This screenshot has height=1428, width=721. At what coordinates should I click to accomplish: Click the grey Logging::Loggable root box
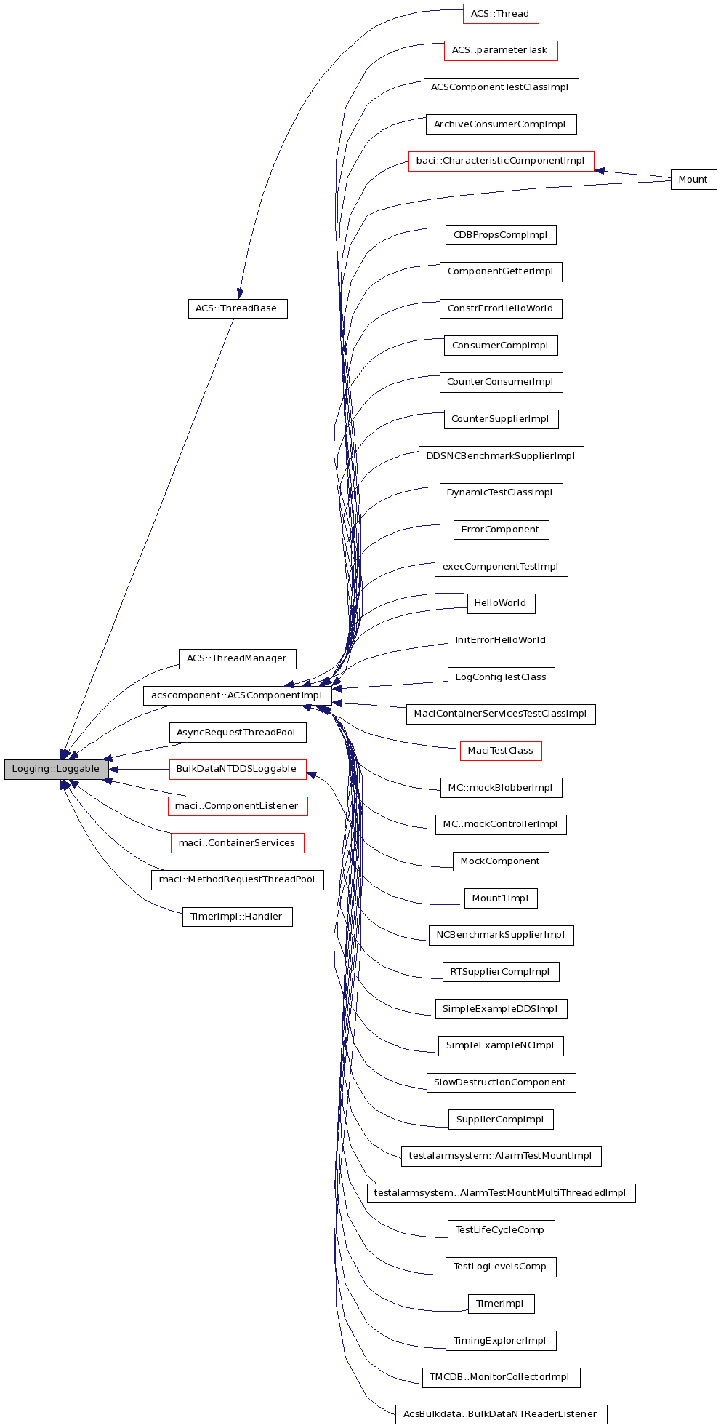click(x=56, y=769)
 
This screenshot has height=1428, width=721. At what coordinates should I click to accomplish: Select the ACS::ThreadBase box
click(x=237, y=308)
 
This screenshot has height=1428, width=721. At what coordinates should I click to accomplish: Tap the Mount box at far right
click(x=693, y=180)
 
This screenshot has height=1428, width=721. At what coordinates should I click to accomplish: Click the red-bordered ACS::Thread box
click(x=500, y=14)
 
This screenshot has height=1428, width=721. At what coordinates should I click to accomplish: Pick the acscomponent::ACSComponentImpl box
click(x=237, y=695)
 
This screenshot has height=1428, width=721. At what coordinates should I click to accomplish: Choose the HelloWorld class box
click(x=500, y=603)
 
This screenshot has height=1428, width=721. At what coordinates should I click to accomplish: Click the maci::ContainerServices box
click(x=237, y=843)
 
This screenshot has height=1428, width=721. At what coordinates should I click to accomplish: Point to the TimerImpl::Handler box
click(x=237, y=917)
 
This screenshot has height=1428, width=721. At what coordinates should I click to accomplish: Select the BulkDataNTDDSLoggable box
click(x=237, y=769)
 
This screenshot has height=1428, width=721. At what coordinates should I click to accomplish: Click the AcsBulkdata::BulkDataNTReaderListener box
click(x=500, y=1414)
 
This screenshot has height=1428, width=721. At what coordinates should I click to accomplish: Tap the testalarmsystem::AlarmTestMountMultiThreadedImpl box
click(x=500, y=1193)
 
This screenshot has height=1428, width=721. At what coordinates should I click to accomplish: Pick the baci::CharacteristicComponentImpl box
click(x=500, y=161)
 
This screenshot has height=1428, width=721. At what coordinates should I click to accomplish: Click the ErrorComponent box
click(x=500, y=530)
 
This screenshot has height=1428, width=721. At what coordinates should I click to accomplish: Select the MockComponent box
click(x=500, y=861)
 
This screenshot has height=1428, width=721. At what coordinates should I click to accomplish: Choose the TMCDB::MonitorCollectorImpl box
click(x=500, y=1377)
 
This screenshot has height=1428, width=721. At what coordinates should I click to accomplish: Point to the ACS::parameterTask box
click(x=500, y=50)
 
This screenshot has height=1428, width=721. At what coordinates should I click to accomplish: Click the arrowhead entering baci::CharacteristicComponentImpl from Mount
click(x=600, y=171)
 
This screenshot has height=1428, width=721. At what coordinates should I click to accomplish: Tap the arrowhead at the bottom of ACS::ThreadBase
click(x=239, y=293)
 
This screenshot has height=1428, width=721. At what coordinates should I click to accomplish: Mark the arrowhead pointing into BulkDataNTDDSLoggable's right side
click(x=312, y=775)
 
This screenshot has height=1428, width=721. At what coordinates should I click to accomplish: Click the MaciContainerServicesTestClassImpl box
click(x=500, y=714)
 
